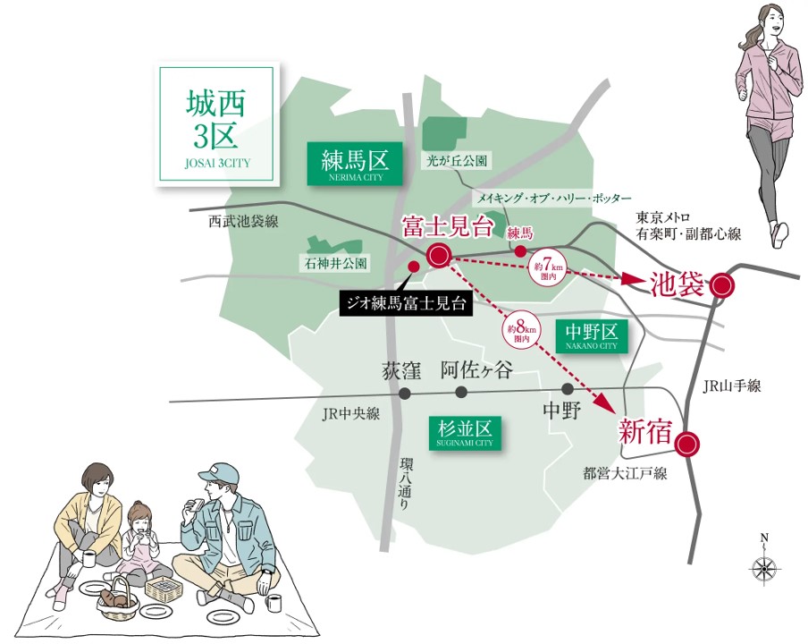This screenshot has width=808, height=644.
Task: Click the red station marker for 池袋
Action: (722, 286)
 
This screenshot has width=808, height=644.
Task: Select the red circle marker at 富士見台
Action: (439, 256)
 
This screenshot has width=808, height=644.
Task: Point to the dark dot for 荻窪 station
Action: (405, 393)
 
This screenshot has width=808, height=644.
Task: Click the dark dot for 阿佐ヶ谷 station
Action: (461, 393)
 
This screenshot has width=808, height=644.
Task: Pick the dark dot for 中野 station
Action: (568, 389)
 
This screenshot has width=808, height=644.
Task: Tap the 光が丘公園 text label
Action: (457, 161)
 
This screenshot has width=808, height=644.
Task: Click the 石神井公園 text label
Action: (333, 264)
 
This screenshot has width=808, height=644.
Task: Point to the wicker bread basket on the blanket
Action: (118, 597)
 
